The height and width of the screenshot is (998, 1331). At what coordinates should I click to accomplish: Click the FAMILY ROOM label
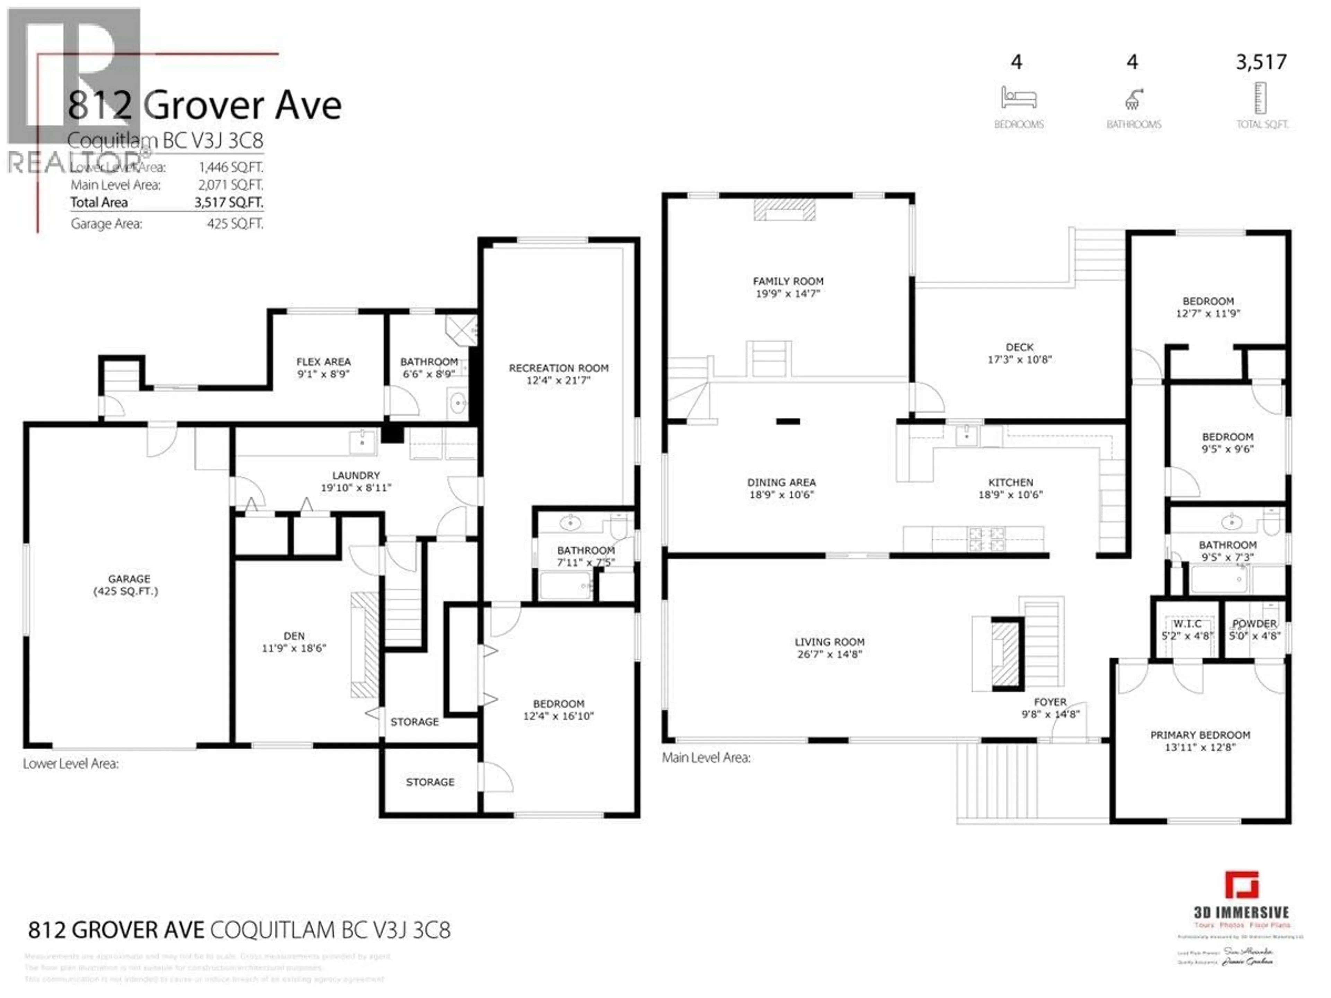pyautogui.click(x=788, y=281)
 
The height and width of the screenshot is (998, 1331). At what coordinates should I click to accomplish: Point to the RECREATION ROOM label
pyautogui.click(x=558, y=368)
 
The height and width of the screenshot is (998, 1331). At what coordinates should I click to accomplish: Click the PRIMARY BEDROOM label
pyautogui.click(x=1200, y=735)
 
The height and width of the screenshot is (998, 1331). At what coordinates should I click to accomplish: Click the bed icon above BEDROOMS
pyautogui.click(x=1018, y=97)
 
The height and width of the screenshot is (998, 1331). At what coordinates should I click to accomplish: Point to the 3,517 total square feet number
pyautogui.click(x=1261, y=62)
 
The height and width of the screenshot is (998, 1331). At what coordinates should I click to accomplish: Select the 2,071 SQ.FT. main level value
pyautogui.click(x=230, y=185)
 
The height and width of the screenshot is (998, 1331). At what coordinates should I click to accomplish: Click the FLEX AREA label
pyautogui.click(x=323, y=361)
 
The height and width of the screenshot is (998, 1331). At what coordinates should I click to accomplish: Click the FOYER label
pyautogui.click(x=1050, y=702)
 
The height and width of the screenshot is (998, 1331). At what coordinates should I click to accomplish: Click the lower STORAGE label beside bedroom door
pyautogui.click(x=429, y=782)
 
